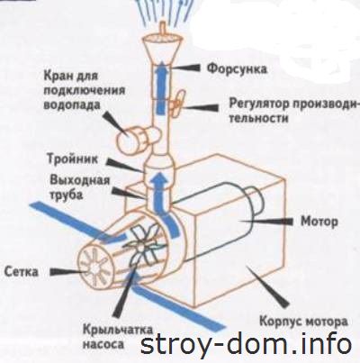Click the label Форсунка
click(x=237, y=68)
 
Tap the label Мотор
click(x=319, y=222)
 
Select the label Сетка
click(x=22, y=271)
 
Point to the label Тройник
click(x=73, y=159)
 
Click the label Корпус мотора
click(x=303, y=322)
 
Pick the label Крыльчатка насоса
click(x=118, y=336)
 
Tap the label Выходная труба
click(x=80, y=187)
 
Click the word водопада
click(x=72, y=105)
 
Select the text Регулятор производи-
click(x=294, y=104)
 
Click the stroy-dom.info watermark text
click(x=246, y=343)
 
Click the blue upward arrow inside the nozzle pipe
click(x=161, y=88)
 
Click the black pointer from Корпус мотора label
click(x=269, y=286)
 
